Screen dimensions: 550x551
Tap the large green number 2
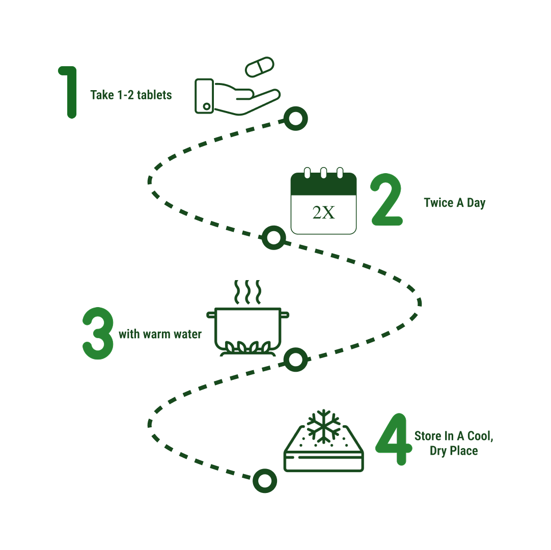387,200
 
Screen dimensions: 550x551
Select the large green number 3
97,334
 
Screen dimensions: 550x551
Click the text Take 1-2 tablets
131,95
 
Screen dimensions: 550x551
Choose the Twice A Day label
454,203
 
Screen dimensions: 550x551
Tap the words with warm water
160,335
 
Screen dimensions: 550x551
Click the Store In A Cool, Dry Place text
454,444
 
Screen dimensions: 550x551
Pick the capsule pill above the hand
260,67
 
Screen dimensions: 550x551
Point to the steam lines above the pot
247,291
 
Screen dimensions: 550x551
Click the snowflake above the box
323,424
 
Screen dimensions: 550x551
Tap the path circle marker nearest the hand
295,119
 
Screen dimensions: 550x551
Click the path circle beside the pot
295,360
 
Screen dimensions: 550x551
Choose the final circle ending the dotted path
264,481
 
